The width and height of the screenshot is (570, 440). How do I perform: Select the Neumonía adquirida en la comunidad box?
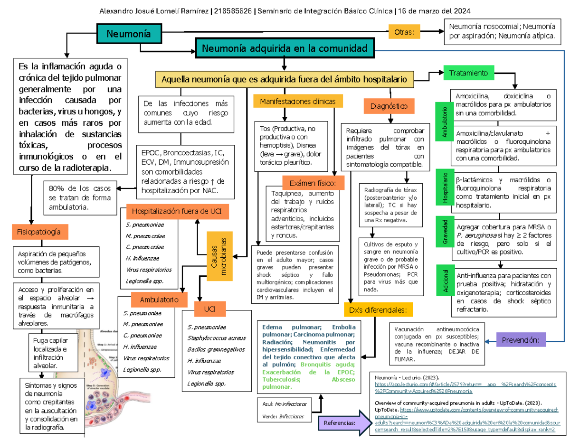tap(285, 48)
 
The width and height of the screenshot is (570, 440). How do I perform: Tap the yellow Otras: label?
tap(404, 32)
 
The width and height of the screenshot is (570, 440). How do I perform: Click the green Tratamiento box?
tap(469, 73)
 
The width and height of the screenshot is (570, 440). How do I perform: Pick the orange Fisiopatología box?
tap(39, 232)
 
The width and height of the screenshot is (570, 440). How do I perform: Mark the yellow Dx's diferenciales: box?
tap(378, 310)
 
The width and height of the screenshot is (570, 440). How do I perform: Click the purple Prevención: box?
tap(521, 340)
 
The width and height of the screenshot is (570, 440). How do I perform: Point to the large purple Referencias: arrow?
tap(343, 422)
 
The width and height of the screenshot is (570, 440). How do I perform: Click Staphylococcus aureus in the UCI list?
tap(217, 338)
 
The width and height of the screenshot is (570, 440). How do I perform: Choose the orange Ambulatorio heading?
tap(159, 300)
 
